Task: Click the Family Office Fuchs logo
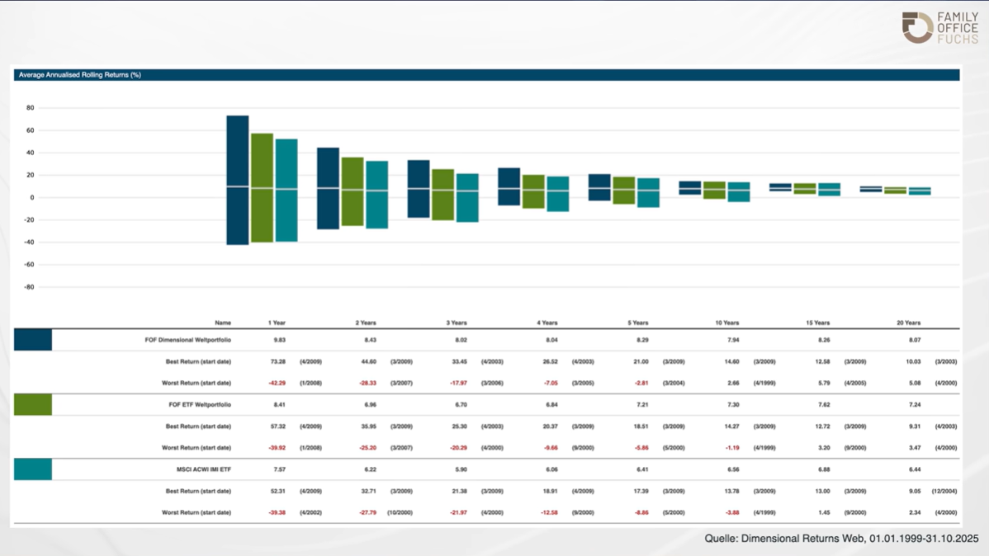[939, 27]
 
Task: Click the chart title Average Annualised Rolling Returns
[80, 75]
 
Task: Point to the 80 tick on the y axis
[30, 108]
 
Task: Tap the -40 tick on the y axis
[29, 243]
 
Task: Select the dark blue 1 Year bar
[238, 180]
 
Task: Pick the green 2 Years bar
[353, 191]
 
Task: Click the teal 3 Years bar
[467, 198]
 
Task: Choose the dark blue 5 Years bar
[599, 187]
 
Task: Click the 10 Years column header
[727, 323]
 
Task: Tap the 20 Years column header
[908, 323]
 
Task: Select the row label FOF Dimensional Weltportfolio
[188, 340]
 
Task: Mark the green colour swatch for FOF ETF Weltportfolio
[33, 404]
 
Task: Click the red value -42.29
[276, 383]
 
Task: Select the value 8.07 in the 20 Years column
[908, 340]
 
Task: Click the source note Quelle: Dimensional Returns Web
[841, 539]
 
